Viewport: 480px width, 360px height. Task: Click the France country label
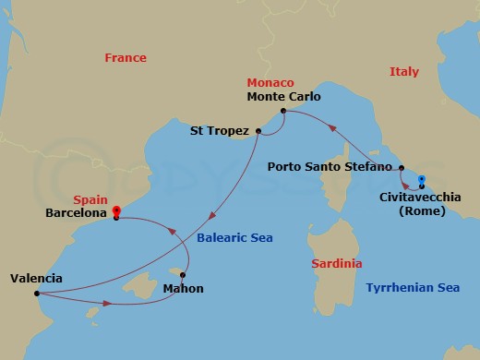pos(126,57)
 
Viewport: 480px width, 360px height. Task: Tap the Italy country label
pos(404,71)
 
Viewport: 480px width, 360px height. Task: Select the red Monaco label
pos(270,82)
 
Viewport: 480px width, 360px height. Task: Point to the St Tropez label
pos(220,131)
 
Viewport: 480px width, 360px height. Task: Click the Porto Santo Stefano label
pos(330,167)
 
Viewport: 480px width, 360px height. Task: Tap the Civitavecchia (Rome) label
pos(417,203)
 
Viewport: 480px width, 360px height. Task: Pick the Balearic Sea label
pos(234,237)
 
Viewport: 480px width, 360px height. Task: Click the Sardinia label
pos(336,263)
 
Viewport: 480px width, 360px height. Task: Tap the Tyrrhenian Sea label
pos(413,287)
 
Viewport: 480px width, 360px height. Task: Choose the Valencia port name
pos(37,278)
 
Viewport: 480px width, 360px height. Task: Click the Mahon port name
pos(183,289)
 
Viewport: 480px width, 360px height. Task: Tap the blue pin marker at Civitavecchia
pos(421,181)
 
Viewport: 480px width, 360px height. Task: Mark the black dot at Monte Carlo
pos(282,113)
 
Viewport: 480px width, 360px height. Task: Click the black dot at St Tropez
pos(258,131)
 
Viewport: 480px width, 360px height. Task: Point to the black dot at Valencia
pos(36,295)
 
